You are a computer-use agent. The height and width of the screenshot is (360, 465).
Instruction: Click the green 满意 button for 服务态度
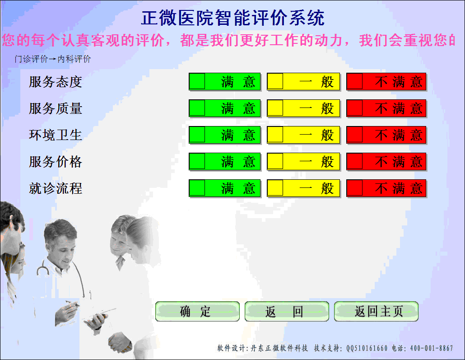click(224, 82)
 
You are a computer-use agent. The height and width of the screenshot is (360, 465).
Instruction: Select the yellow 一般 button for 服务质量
click(303, 108)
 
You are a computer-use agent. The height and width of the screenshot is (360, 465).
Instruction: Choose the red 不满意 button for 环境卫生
click(386, 135)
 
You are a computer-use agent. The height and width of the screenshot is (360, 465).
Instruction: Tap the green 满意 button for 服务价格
click(224, 162)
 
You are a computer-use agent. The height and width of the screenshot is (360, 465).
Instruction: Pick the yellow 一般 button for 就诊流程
click(303, 188)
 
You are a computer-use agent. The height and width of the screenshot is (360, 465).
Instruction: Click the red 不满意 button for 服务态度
click(386, 82)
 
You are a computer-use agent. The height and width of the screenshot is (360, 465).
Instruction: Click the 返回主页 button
click(376, 312)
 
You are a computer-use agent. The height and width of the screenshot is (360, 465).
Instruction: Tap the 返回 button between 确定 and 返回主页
click(287, 312)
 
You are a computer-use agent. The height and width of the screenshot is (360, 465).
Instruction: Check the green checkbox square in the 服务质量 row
click(197, 108)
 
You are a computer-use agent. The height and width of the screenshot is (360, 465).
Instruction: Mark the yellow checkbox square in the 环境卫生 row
click(275, 135)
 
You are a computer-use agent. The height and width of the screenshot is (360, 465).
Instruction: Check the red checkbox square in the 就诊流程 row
click(355, 188)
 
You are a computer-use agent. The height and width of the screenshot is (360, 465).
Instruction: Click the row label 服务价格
click(56, 162)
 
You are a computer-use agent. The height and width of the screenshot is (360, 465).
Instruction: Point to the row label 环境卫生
click(56, 135)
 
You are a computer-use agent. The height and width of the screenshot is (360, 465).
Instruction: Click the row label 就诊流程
click(56, 188)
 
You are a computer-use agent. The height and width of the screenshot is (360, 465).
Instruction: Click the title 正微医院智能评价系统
click(232, 18)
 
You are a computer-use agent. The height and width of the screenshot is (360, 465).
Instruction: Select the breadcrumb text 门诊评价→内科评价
click(53, 59)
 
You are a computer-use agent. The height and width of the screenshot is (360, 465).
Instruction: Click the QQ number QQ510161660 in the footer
click(367, 348)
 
